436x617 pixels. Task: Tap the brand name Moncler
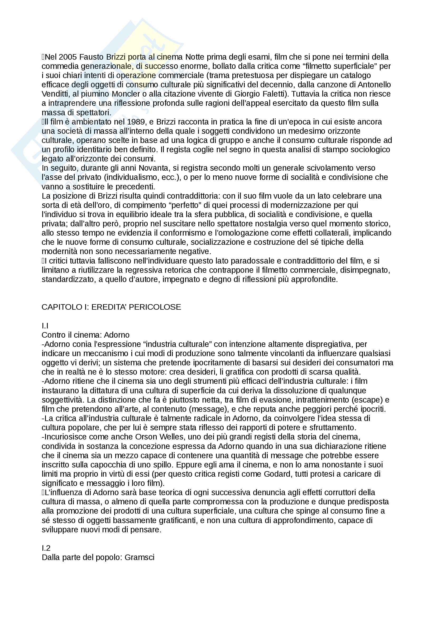(x=126, y=94)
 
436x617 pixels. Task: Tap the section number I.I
(x=45, y=326)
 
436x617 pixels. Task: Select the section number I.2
(x=46, y=548)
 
